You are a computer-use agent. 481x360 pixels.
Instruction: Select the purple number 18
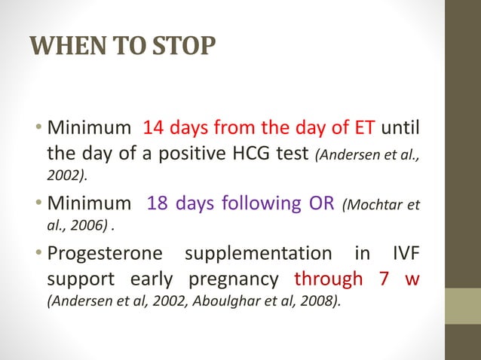(158, 203)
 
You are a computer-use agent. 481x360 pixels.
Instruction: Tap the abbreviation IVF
(403, 253)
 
